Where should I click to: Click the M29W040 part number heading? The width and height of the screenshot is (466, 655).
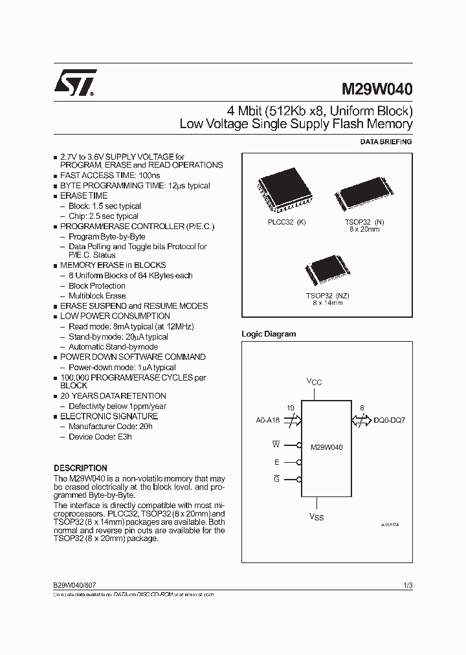point(377,87)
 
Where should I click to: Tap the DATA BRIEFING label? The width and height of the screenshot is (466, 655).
point(386,142)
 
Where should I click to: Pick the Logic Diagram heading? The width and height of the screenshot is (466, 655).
point(269,334)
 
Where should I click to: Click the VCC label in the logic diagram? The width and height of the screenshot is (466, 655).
point(313,382)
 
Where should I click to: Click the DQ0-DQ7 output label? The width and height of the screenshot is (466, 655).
point(390,421)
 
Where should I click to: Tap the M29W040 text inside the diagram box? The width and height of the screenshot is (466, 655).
point(327,447)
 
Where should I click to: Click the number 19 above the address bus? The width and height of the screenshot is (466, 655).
point(290,408)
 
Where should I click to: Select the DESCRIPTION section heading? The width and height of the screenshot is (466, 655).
point(80,468)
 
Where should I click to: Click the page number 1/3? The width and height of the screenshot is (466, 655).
point(407,585)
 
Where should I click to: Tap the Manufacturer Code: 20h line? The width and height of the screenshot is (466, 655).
point(111,427)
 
